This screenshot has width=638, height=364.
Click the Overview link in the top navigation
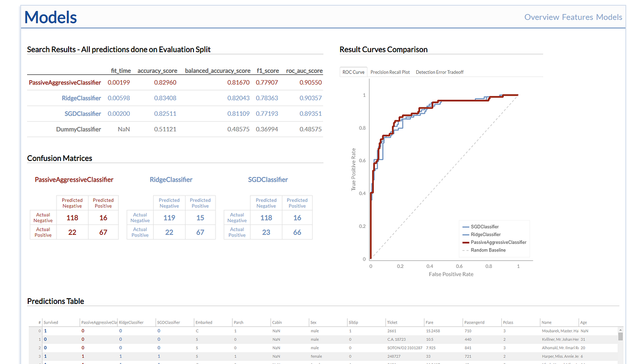[541, 17]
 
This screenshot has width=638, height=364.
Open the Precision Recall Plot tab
[390, 72]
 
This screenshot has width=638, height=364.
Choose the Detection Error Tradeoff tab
[439, 72]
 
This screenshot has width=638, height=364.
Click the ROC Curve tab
[354, 72]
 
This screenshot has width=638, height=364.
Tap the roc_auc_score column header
[304, 71]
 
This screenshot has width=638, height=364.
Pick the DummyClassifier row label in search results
[79, 129]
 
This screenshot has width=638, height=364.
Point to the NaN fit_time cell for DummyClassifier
[123, 129]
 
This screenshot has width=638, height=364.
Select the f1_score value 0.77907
[267, 82]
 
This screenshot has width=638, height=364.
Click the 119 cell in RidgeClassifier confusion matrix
[169, 217]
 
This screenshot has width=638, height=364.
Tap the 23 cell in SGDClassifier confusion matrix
[266, 232]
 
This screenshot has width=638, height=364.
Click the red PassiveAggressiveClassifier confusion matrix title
[74, 180]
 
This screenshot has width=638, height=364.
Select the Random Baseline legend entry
[488, 250]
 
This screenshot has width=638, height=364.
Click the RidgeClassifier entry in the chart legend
[485, 234]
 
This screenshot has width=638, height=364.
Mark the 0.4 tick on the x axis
[430, 266]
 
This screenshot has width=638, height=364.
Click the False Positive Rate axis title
[451, 274]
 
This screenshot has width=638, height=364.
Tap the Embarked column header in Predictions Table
[204, 322]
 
